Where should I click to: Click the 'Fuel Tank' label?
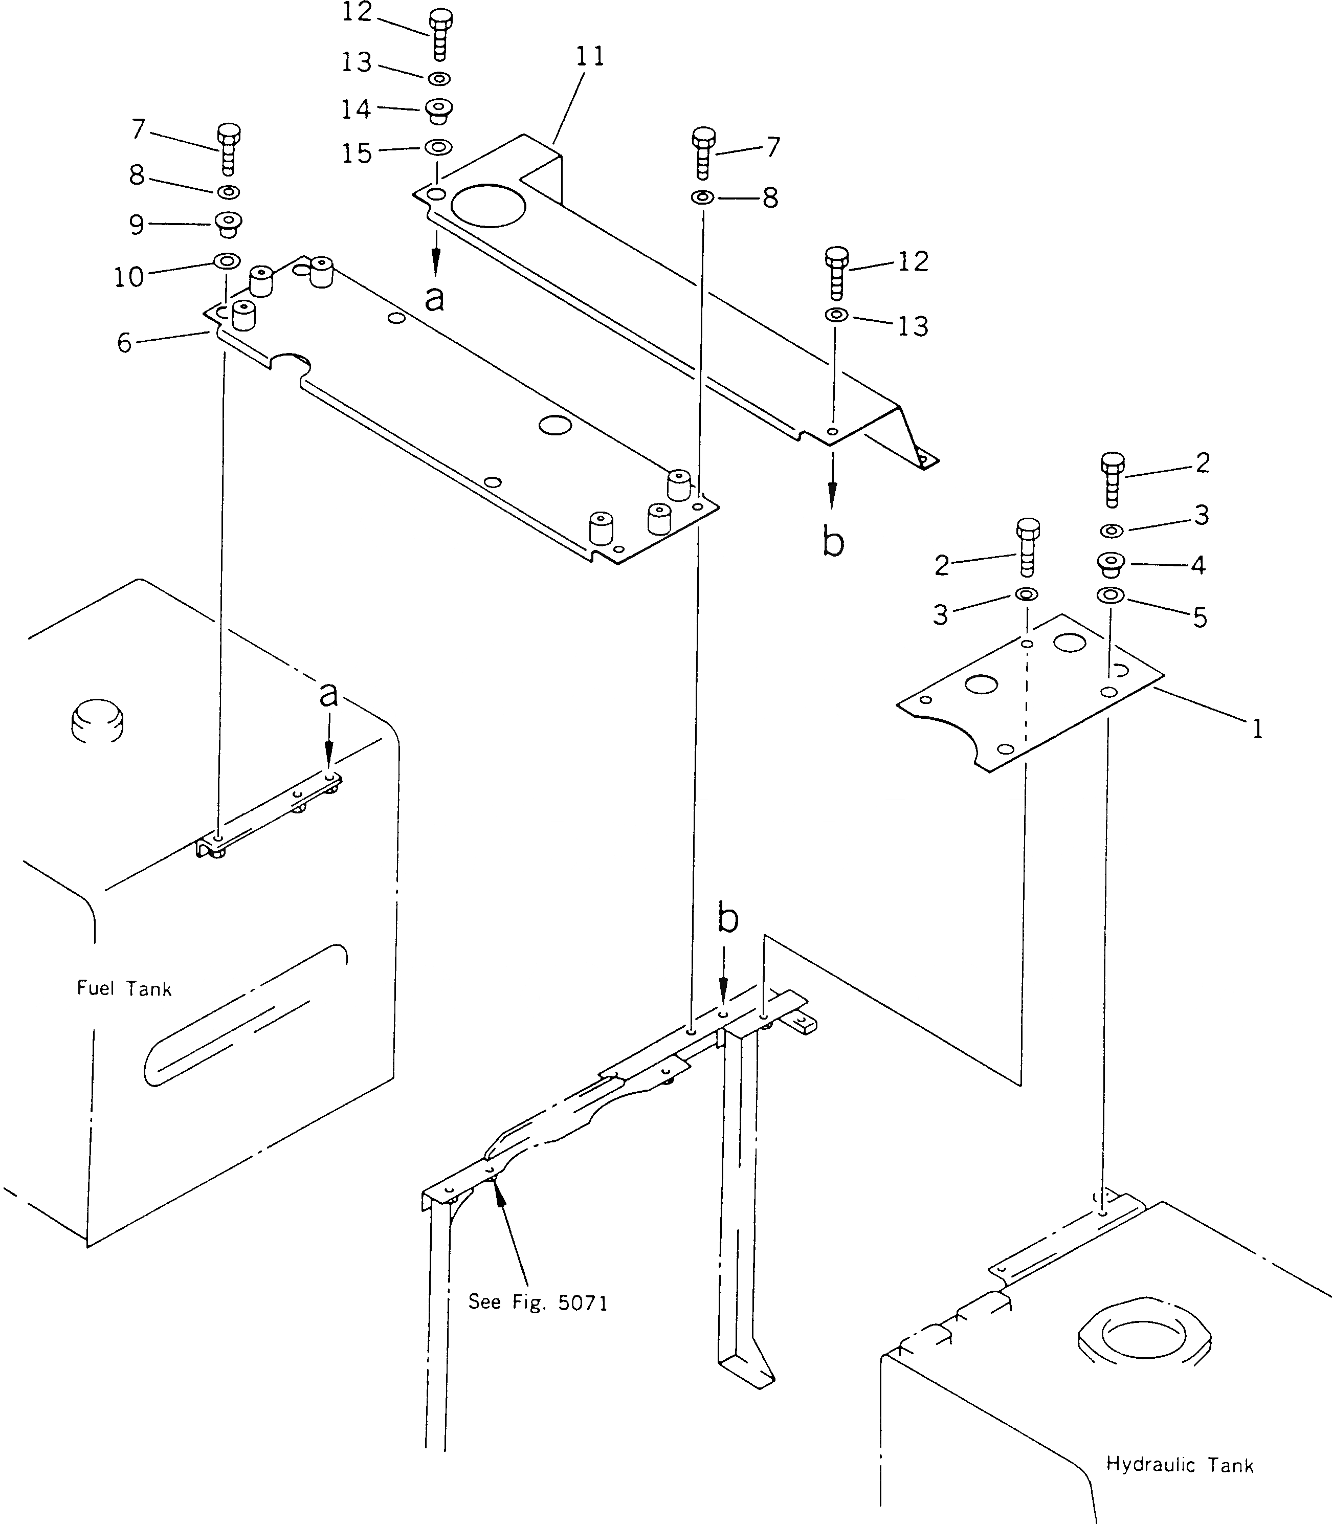tap(124, 989)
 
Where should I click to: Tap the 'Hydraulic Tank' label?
tap(1180, 1465)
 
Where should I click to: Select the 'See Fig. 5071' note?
tap(538, 1302)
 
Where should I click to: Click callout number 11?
tap(590, 56)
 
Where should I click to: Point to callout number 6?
tap(124, 343)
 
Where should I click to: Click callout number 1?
tap(1257, 730)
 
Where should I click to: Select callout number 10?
tap(128, 277)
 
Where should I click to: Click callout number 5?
tap(1200, 616)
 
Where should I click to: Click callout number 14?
tap(356, 109)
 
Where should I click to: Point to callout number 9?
tap(136, 225)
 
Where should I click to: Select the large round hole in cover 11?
tap(487, 205)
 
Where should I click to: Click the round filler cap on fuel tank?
tap(97, 720)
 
